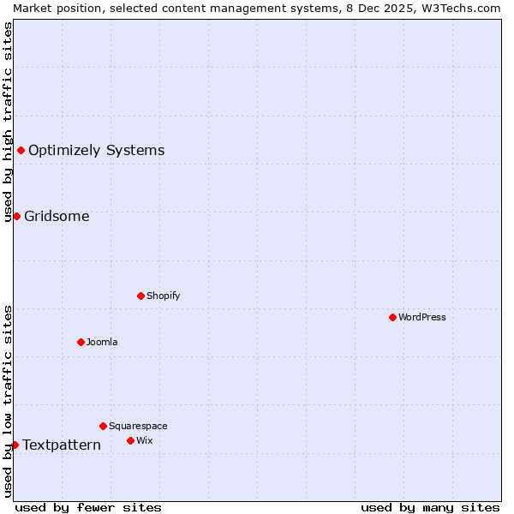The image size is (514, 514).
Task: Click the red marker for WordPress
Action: click(x=392, y=317)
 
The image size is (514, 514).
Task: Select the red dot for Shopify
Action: click(x=140, y=296)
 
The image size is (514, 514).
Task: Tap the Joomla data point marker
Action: click(x=81, y=342)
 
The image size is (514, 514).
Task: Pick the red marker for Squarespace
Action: click(x=103, y=426)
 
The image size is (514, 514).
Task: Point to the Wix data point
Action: click(x=130, y=440)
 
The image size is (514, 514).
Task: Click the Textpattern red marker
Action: click(x=15, y=445)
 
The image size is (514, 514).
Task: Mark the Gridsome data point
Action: click(x=16, y=216)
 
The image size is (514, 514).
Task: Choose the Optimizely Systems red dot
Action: click(x=21, y=151)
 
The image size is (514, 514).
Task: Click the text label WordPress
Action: click(x=422, y=317)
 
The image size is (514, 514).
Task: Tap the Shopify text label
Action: click(x=163, y=296)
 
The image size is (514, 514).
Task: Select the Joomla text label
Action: click(x=102, y=342)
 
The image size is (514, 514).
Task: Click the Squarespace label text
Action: click(x=138, y=426)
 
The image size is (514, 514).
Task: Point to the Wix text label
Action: click(x=144, y=440)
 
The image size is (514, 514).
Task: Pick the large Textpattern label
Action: click(x=62, y=445)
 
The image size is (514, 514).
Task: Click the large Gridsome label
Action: click(x=57, y=216)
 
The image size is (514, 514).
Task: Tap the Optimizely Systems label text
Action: click(x=96, y=151)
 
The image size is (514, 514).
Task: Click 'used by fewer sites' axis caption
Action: click(x=88, y=507)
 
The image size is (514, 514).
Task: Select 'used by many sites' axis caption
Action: click(x=430, y=507)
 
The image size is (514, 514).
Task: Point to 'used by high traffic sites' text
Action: click(x=8, y=122)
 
